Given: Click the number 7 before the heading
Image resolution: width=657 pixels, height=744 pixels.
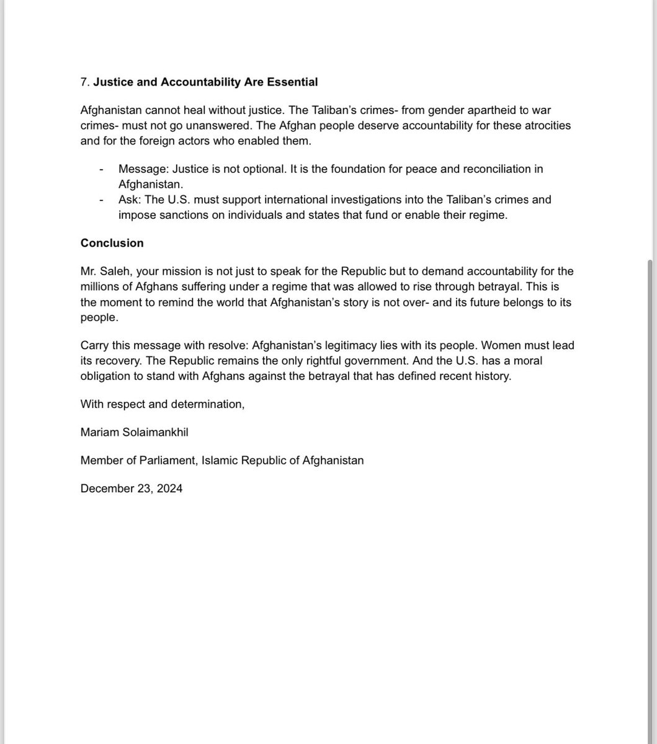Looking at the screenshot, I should point(84,82).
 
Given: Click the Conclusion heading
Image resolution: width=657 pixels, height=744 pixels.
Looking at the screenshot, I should point(112,243).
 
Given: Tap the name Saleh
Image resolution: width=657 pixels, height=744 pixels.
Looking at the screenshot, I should point(118,272).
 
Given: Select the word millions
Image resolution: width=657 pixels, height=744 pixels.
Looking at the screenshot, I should point(100,287).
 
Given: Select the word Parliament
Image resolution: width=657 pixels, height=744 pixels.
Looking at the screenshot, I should point(166,461).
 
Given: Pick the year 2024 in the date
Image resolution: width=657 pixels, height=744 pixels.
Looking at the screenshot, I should point(170,489).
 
